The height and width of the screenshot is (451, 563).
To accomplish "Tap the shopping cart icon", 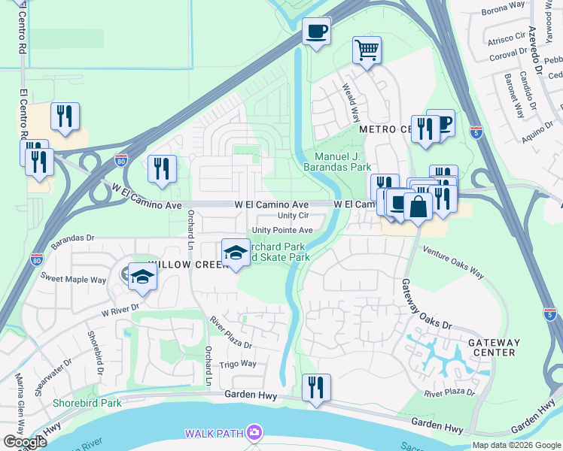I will point(367,50).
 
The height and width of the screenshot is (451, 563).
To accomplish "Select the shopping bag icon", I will point(418,206).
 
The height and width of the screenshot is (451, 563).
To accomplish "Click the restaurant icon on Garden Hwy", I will point(316,387).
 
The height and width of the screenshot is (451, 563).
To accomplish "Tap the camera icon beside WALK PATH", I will point(254,432).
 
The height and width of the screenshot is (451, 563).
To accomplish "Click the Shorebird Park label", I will point(87,403).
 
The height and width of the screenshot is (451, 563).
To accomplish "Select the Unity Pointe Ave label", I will point(282,231).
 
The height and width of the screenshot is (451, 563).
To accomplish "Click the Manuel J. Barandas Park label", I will point(343,162).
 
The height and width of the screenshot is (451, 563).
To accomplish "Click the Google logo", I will point(25,442).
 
